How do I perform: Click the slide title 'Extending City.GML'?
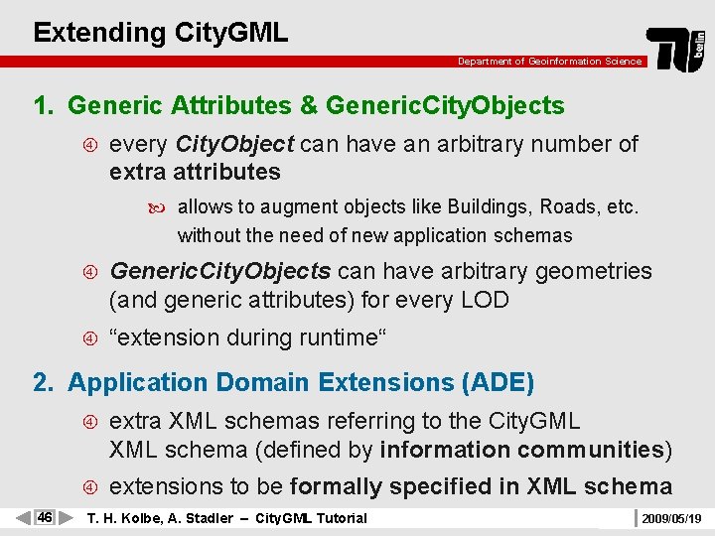160,32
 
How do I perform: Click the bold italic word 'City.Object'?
234,144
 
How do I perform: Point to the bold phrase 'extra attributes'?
195,172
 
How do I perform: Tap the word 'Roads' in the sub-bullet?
566,208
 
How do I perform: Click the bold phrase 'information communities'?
521,450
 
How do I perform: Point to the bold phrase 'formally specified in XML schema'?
481,486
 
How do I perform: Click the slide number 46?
44,518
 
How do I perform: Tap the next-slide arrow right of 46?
66,518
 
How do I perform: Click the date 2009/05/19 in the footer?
671,518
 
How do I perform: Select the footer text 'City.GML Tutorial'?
311,518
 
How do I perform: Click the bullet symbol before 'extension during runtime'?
89,338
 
